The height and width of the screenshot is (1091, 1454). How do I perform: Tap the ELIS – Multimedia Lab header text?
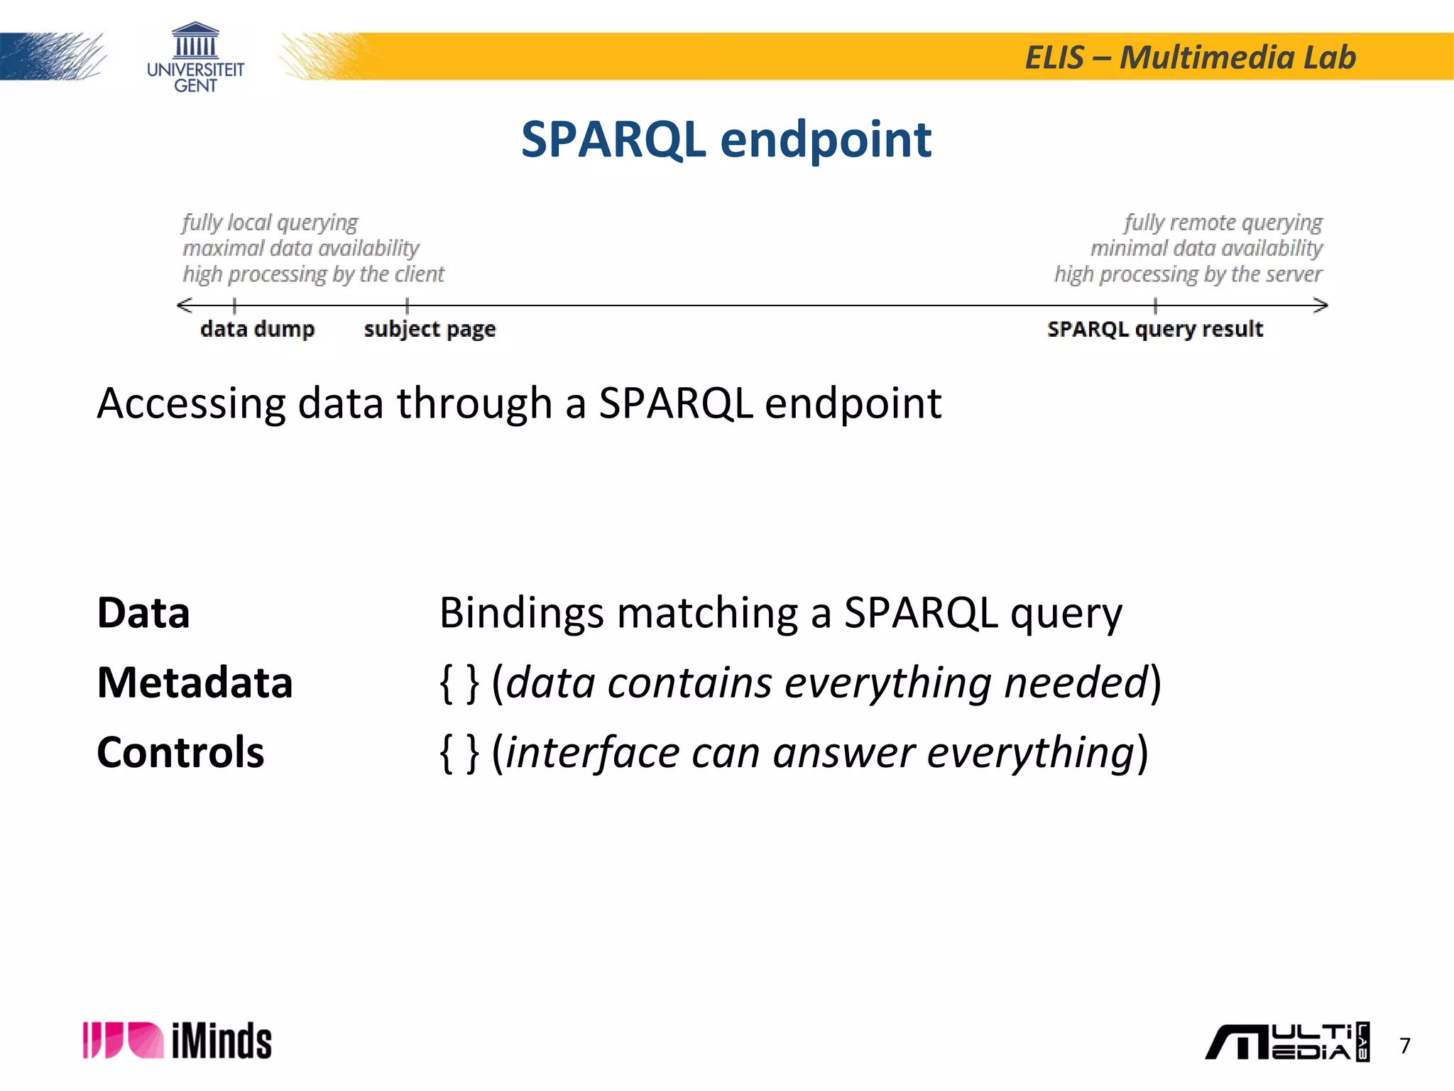click(x=1190, y=58)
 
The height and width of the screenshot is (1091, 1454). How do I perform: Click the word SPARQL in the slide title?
click(x=613, y=139)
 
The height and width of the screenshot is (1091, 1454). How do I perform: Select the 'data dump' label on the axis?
click(x=257, y=329)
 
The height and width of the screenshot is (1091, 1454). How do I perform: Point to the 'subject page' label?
click(x=430, y=330)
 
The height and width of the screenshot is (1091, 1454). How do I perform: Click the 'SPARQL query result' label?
click(x=1154, y=330)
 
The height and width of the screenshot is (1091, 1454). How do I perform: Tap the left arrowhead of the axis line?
click(x=184, y=305)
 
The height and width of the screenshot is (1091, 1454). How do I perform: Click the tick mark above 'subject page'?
click(x=407, y=305)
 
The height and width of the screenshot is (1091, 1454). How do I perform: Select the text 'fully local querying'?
click(x=270, y=222)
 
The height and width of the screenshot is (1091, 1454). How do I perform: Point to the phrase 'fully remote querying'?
click(x=1223, y=222)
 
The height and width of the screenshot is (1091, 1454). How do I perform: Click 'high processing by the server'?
click(x=1188, y=274)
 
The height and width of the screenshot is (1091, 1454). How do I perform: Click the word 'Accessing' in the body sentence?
click(x=191, y=403)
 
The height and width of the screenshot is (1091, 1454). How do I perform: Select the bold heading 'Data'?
click(x=143, y=612)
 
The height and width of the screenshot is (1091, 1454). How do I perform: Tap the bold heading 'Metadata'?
click(x=195, y=683)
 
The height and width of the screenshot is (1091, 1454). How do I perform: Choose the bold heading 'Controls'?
click(x=180, y=752)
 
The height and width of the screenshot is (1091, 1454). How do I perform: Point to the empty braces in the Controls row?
click(x=459, y=753)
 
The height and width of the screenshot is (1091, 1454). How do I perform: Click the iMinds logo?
click(x=177, y=1041)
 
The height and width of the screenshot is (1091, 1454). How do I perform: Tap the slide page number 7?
click(x=1404, y=1046)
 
